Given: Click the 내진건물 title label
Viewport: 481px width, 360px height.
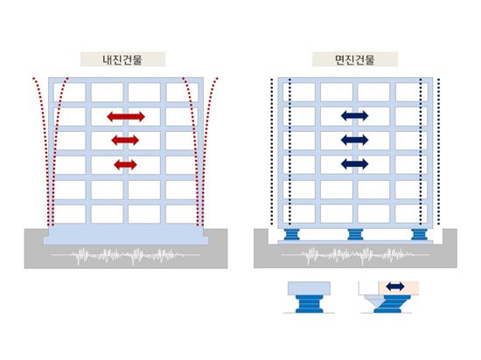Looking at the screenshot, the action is [122, 59].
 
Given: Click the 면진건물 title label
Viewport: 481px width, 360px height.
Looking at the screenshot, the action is [355, 59].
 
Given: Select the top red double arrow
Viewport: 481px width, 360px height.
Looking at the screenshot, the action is [126, 117].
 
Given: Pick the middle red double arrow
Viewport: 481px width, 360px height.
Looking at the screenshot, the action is [125, 141].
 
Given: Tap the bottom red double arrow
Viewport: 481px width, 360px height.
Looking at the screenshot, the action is [125, 165].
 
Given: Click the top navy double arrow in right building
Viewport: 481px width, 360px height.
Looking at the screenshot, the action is [354, 116].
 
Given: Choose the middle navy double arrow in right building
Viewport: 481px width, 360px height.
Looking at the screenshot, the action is [354, 140].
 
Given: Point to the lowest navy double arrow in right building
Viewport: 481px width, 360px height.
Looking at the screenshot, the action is [354, 163].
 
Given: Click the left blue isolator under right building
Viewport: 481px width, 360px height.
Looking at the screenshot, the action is [291, 235].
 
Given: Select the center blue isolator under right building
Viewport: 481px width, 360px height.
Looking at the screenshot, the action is [355, 235].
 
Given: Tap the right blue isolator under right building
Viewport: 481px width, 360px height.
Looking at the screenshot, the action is [419, 235].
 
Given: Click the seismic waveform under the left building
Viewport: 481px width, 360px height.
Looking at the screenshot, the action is [125, 255].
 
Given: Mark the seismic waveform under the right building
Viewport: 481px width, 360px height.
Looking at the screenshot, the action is [355, 255].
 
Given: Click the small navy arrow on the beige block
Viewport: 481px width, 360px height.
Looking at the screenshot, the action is [395, 287].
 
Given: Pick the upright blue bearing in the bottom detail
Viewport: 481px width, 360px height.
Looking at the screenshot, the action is [310, 303].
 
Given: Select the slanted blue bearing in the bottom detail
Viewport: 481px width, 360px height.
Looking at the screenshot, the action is [392, 304].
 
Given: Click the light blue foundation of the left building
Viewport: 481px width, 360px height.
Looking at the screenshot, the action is [126, 234].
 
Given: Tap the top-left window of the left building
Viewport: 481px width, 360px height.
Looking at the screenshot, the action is [70, 92].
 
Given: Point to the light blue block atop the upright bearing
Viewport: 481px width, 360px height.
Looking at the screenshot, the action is [310, 288].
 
